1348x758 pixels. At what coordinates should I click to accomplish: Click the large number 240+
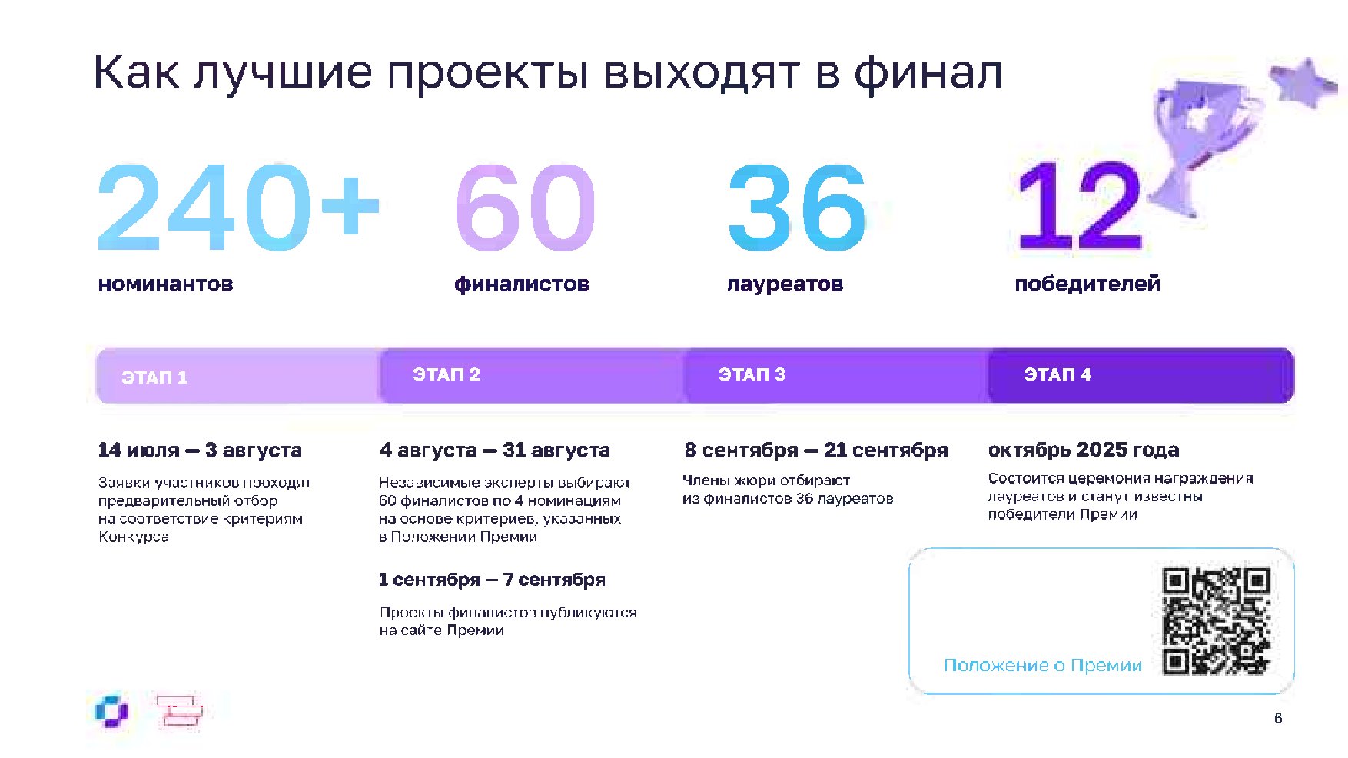(x=239, y=207)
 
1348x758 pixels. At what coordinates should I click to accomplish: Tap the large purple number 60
(x=526, y=208)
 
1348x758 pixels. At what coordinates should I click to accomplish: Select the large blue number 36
(x=797, y=208)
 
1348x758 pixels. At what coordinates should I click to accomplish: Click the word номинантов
(x=165, y=284)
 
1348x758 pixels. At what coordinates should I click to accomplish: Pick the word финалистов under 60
(x=522, y=284)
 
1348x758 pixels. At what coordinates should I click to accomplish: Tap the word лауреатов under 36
(x=785, y=284)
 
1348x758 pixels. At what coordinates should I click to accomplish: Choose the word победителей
(x=1087, y=284)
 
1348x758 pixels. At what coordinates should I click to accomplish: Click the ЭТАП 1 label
(x=154, y=377)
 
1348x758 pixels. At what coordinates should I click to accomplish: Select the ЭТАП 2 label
(x=447, y=374)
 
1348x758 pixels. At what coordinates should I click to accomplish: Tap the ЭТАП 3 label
(x=752, y=374)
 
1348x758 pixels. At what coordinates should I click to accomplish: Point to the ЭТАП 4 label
(x=1057, y=374)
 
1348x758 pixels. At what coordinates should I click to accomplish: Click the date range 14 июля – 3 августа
(x=200, y=450)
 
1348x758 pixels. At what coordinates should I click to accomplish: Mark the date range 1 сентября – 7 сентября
(x=492, y=580)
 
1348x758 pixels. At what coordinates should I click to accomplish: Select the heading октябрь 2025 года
(x=1084, y=450)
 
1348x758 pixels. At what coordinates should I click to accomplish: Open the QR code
(x=1216, y=621)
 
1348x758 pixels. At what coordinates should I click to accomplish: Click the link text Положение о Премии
(x=1043, y=665)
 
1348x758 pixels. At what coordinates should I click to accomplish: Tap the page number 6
(x=1278, y=718)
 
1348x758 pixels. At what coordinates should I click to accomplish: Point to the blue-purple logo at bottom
(x=112, y=711)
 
